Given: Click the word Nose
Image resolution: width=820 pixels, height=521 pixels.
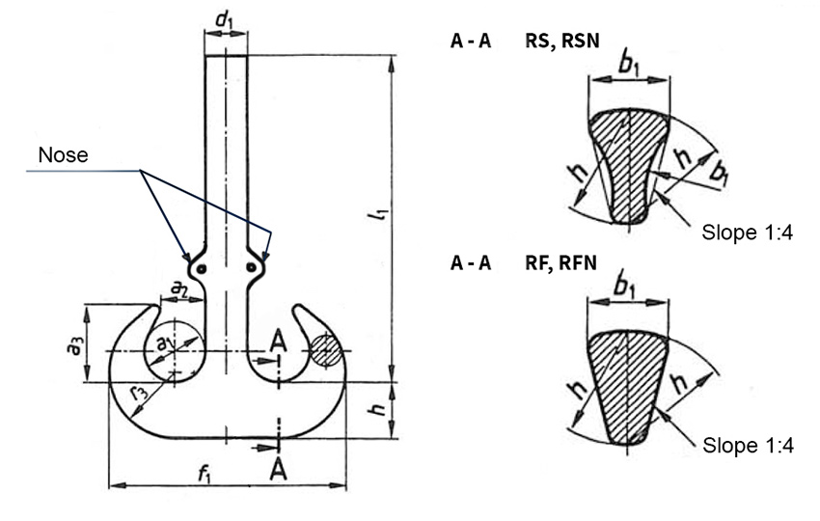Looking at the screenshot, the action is pyautogui.click(x=63, y=154).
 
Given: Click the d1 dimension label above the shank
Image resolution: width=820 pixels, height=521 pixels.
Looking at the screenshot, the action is pyautogui.click(x=224, y=20).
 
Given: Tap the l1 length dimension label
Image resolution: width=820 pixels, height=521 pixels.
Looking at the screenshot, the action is pyautogui.click(x=381, y=213).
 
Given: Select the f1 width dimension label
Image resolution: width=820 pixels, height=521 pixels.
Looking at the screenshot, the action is pyautogui.click(x=205, y=474).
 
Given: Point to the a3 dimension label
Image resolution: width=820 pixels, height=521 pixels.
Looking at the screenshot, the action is pyautogui.click(x=75, y=345).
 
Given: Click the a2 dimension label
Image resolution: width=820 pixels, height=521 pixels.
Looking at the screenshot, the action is pyautogui.click(x=180, y=288).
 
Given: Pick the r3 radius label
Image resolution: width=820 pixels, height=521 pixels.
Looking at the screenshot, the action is pyautogui.click(x=139, y=391).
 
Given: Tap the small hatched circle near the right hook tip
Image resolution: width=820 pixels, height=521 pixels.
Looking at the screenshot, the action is pyautogui.click(x=325, y=351).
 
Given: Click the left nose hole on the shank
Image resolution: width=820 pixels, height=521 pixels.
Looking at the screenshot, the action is pyautogui.click(x=201, y=269).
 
